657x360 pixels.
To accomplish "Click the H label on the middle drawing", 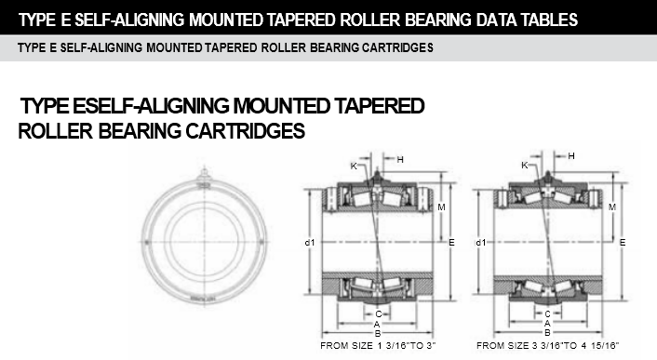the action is click(x=400, y=159).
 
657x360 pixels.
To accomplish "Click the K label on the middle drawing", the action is click(x=354, y=167).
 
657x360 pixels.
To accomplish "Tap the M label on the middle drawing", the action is click(x=441, y=207).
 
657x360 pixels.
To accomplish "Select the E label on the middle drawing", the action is click(x=451, y=243).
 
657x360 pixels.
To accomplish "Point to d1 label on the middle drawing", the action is click(x=310, y=243).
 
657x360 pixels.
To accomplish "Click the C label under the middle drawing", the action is click(x=379, y=314).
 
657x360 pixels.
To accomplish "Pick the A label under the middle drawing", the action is click(x=377, y=324).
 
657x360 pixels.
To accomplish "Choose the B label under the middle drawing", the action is click(x=378, y=334).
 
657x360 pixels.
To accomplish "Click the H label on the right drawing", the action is click(x=571, y=156).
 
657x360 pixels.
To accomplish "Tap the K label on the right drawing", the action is click(x=525, y=166).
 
